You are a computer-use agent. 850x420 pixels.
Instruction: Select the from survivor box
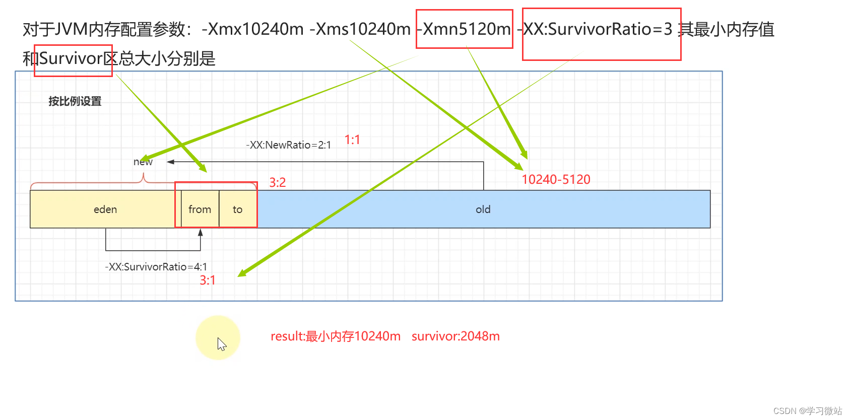[x=200, y=209]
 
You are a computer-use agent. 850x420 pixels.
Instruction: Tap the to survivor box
[x=238, y=209]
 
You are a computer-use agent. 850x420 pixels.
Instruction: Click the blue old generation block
[x=483, y=209]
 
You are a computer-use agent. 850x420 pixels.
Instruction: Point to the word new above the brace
[x=143, y=162]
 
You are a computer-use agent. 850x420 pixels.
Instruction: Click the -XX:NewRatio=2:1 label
[x=288, y=145]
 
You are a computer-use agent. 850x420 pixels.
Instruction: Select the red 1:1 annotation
[x=352, y=139]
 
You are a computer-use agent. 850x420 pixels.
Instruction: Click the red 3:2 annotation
[x=277, y=182]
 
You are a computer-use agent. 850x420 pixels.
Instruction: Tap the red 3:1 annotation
[x=208, y=280]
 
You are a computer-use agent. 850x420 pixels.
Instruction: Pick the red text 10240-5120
[x=556, y=180]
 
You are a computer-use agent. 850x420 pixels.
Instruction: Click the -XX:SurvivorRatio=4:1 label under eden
[x=156, y=267]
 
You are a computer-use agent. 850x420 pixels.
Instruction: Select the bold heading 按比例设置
[x=75, y=101]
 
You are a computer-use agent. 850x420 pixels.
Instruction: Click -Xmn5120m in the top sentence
[x=465, y=29]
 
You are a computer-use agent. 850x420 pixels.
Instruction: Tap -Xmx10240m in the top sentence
[x=252, y=29]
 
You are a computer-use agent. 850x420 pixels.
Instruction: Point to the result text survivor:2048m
[x=455, y=336]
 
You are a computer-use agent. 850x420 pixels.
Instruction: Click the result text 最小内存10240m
[x=353, y=336]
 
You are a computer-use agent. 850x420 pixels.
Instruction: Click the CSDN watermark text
[x=807, y=411]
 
